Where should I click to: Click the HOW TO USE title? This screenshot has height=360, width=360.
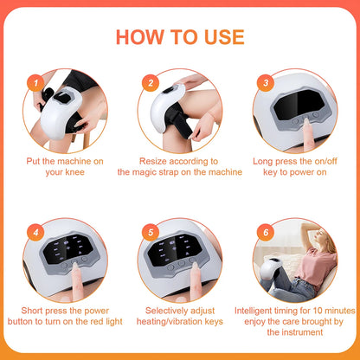tap(180, 36)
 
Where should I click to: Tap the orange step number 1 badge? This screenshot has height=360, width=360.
tap(35, 82)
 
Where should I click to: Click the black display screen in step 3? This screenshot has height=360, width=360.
tap(298, 108)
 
